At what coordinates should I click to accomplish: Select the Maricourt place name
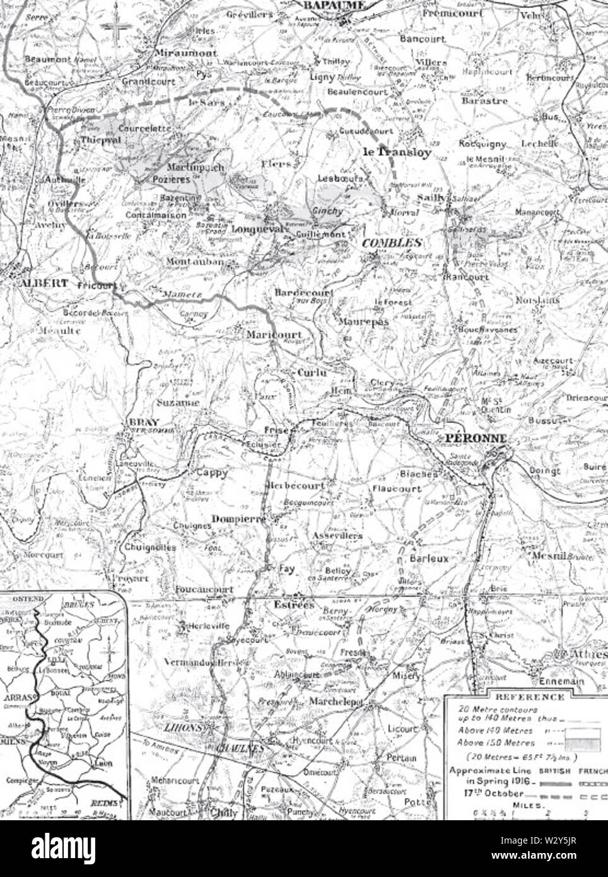(274, 334)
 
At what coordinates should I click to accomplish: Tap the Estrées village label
(293, 604)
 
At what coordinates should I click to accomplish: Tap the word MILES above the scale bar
(527, 804)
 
